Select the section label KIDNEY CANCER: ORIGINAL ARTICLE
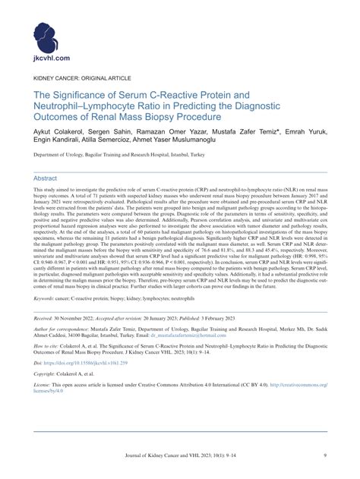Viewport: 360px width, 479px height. (81, 78)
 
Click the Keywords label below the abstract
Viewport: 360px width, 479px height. (46, 320)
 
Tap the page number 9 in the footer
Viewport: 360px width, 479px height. (324, 455)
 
